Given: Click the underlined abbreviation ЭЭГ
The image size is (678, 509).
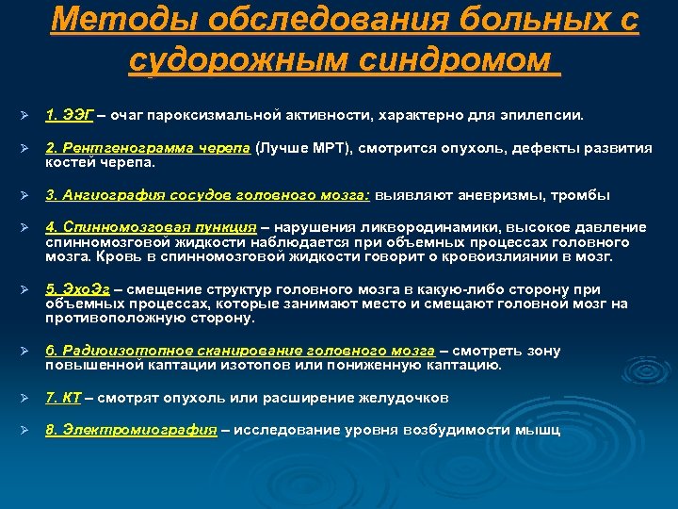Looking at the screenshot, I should point(78,116).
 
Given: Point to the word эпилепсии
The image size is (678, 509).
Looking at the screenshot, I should point(550,116).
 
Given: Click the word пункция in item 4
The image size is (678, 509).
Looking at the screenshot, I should point(228,228).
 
